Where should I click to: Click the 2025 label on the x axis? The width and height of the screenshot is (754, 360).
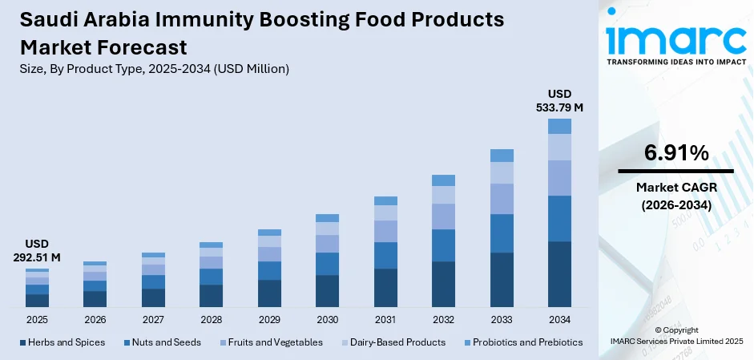[x=37, y=319]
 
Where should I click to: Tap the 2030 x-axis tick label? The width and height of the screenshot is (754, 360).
[x=327, y=319]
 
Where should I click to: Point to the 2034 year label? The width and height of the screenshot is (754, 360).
[x=559, y=319]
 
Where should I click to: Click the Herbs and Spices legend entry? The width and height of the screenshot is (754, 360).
[x=62, y=342]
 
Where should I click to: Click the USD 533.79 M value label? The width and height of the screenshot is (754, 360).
[x=559, y=99]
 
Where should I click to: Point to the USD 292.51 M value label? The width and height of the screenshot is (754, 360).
[x=37, y=250]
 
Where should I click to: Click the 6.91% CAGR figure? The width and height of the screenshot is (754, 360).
[x=675, y=152]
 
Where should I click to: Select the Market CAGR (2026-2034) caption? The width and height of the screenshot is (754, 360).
[x=675, y=196]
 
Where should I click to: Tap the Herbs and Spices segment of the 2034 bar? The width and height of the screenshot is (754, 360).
[x=559, y=273]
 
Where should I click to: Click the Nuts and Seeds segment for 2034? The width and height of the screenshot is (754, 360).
[x=559, y=218]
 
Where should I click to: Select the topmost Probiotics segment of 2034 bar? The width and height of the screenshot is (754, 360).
[x=559, y=126]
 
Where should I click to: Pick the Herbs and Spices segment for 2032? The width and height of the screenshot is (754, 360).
[x=443, y=284]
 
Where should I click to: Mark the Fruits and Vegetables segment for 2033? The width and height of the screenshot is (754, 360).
[x=502, y=199]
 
